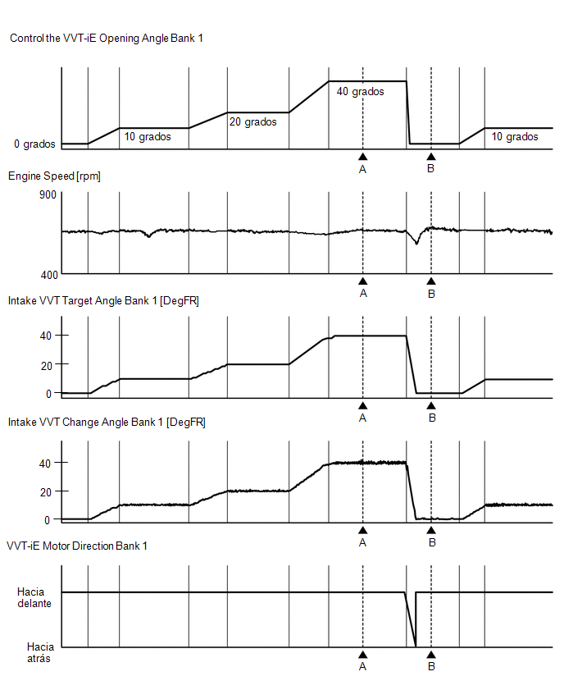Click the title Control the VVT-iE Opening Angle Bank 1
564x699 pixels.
pyautogui.click(x=107, y=39)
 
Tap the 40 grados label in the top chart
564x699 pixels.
pyautogui.click(x=361, y=91)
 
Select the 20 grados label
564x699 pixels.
pyautogui.click(x=253, y=121)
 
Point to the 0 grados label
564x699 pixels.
pyautogui.click(x=34, y=144)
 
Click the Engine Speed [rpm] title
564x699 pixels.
pyautogui.click(x=54, y=176)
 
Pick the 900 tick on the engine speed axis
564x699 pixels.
pyautogui.click(x=48, y=194)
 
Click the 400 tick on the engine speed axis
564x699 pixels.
pyautogui.click(x=49, y=275)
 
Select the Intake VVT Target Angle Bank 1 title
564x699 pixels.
pyautogui.click(x=103, y=301)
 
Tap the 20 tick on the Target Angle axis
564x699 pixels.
pyautogui.click(x=47, y=366)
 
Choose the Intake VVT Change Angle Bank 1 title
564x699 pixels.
pyautogui.click(x=107, y=423)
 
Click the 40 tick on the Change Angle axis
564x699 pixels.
pyautogui.click(x=45, y=464)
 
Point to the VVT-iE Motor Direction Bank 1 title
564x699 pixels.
pyautogui.click(x=77, y=546)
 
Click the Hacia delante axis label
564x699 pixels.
pyautogui.click(x=34, y=598)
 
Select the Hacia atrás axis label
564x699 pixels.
pyautogui.click(x=40, y=652)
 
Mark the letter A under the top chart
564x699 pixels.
pyautogui.click(x=362, y=169)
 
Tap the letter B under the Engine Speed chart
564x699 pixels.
pyautogui.click(x=431, y=295)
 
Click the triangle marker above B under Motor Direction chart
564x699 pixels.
pyautogui.click(x=431, y=655)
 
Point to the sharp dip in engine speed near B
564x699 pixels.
pyautogui.click(x=417, y=243)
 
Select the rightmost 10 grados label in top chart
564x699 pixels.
pyautogui.click(x=515, y=136)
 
